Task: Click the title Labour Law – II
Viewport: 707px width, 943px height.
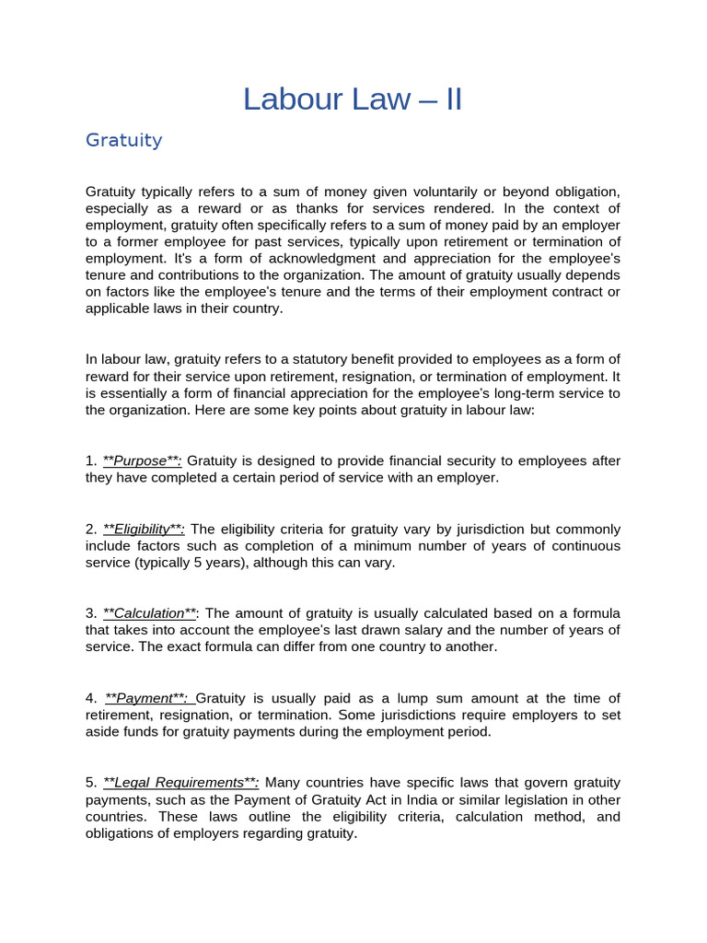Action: [353, 99]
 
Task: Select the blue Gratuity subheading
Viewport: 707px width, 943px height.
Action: [123, 140]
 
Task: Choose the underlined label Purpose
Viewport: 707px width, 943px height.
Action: [143, 460]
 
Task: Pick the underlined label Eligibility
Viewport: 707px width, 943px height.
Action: [144, 529]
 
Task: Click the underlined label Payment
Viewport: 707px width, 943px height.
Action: [145, 698]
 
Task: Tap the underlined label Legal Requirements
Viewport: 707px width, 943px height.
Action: [180, 783]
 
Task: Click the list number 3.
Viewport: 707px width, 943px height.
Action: [90, 613]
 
